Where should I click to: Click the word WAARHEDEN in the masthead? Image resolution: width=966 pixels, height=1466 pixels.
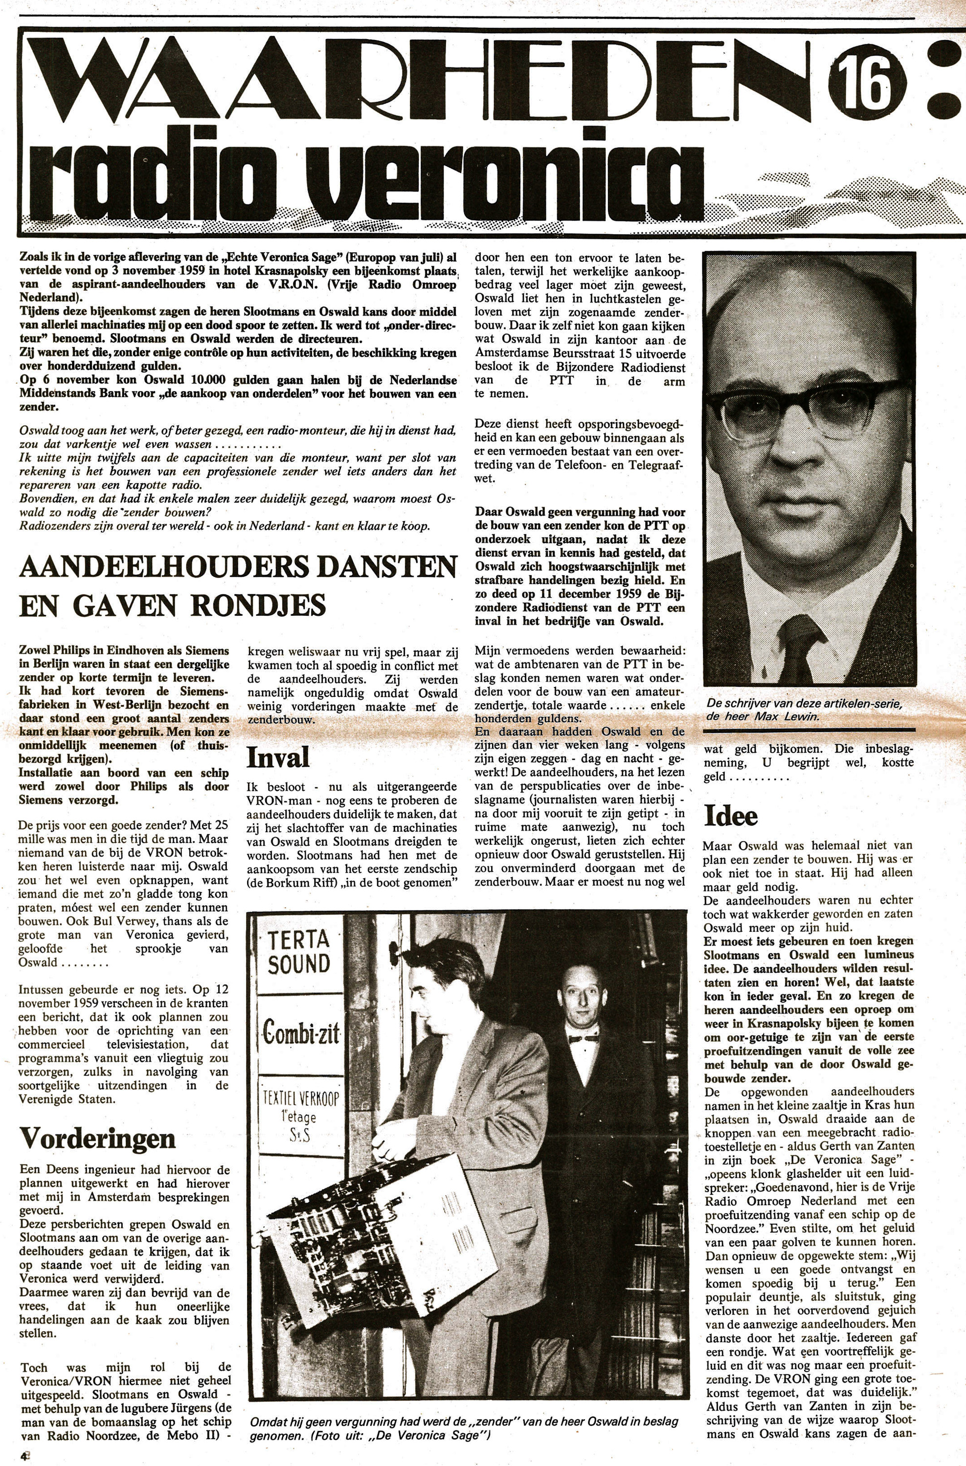coord(419,83)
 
